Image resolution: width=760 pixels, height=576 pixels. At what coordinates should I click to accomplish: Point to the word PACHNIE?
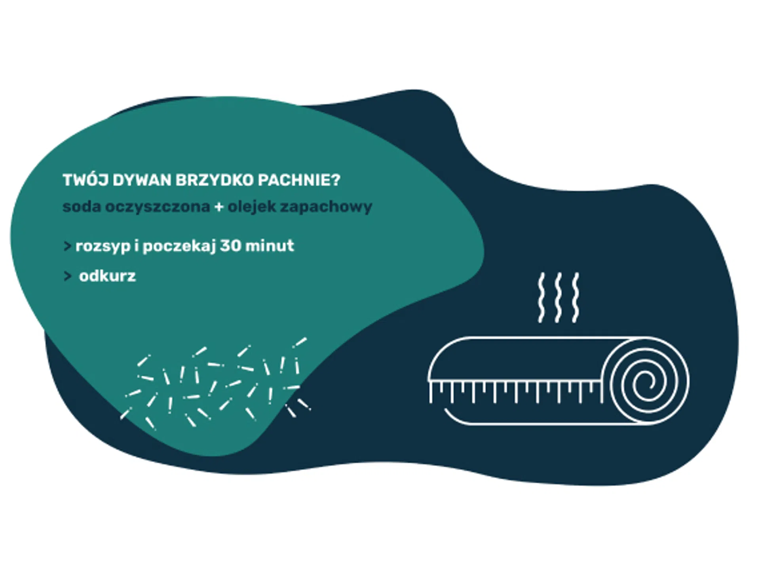click(299, 181)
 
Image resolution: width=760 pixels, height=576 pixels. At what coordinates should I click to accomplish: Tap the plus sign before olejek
click(218, 207)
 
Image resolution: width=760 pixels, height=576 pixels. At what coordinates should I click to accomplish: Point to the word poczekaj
click(179, 246)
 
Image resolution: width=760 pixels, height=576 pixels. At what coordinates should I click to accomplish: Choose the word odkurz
click(107, 276)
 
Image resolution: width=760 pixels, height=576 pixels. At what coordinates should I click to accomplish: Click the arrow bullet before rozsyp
click(67, 246)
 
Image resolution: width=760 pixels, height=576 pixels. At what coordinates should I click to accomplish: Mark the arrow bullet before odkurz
click(67, 276)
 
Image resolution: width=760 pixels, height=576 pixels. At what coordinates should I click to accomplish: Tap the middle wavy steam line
click(558, 297)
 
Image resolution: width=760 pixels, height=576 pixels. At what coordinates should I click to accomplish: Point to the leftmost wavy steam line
click(541, 297)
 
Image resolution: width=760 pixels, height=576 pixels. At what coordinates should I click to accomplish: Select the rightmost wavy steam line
click(576, 297)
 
